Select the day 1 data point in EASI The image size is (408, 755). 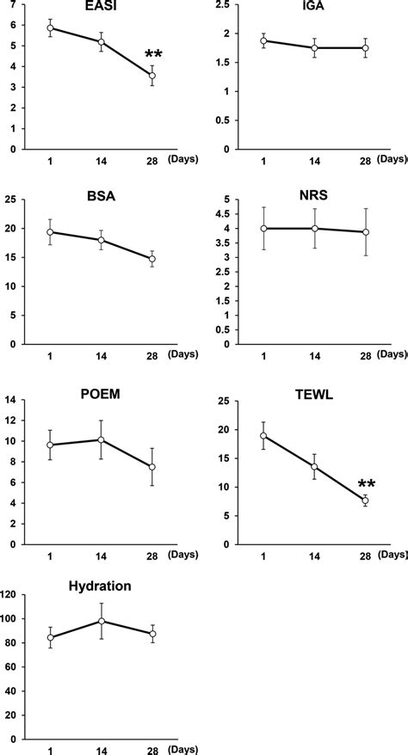click(51, 28)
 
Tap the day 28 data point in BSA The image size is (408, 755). click(152, 259)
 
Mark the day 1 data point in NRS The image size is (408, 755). click(263, 229)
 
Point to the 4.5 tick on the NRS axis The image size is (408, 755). click(224, 214)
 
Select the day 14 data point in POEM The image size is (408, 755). click(102, 439)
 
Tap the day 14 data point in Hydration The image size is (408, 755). click(102, 621)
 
